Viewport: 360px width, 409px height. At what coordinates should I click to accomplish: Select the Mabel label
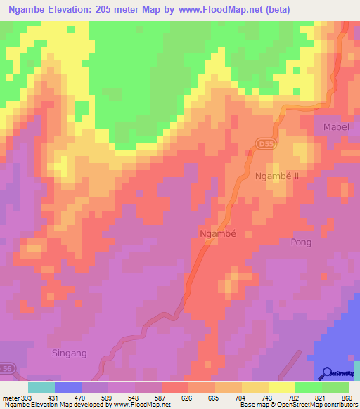(335, 127)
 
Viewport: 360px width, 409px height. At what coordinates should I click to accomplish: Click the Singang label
(70, 353)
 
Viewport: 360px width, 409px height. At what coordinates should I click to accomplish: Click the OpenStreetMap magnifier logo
(326, 373)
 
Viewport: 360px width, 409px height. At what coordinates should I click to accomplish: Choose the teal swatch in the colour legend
(41, 387)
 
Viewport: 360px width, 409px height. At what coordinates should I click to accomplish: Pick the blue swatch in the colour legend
(68, 387)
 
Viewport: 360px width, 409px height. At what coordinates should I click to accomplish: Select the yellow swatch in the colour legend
(255, 387)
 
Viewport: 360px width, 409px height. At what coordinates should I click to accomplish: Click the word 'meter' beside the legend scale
(10, 397)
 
